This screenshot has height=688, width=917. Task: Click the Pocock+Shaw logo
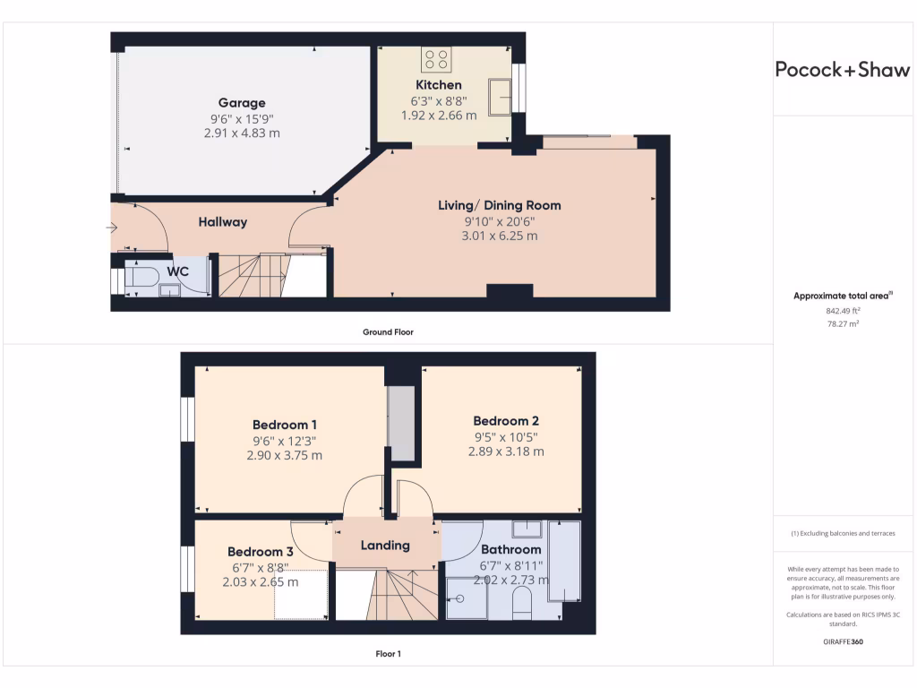pyautogui.click(x=842, y=70)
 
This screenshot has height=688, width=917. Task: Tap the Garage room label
pyautogui.click(x=242, y=103)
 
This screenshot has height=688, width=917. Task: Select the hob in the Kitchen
pyautogui.click(x=436, y=60)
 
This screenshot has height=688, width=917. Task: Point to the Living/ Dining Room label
pyautogui.click(x=499, y=205)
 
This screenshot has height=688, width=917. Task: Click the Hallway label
pyautogui.click(x=222, y=222)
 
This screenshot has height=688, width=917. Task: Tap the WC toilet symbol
pyautogui.click(x=141, y=277)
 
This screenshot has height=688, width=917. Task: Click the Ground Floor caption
pyautogui.click(x=388, y=332)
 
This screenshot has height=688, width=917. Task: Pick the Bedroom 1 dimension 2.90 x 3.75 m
pyautogui.click(x=284, y=455)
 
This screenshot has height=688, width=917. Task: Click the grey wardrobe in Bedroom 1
pyautogui.click(x=400, y=424)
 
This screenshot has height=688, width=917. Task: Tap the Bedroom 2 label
pyautogui.click(x=506, y=421)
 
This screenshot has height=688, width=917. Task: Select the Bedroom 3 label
pyautogui.click(x=260, y=552)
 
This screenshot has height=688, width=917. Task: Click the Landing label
pyautogui.click(x=385, y=545)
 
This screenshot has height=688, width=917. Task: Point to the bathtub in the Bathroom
pyautogui.click(x=564, y=561)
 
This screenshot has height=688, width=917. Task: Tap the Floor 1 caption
pyautogui.click(x=388, y=654)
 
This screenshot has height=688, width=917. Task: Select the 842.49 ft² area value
pyautogui.click(x=841, y=311)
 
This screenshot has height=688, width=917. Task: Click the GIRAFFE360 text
pyautogui.click(x=841, y=642)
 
